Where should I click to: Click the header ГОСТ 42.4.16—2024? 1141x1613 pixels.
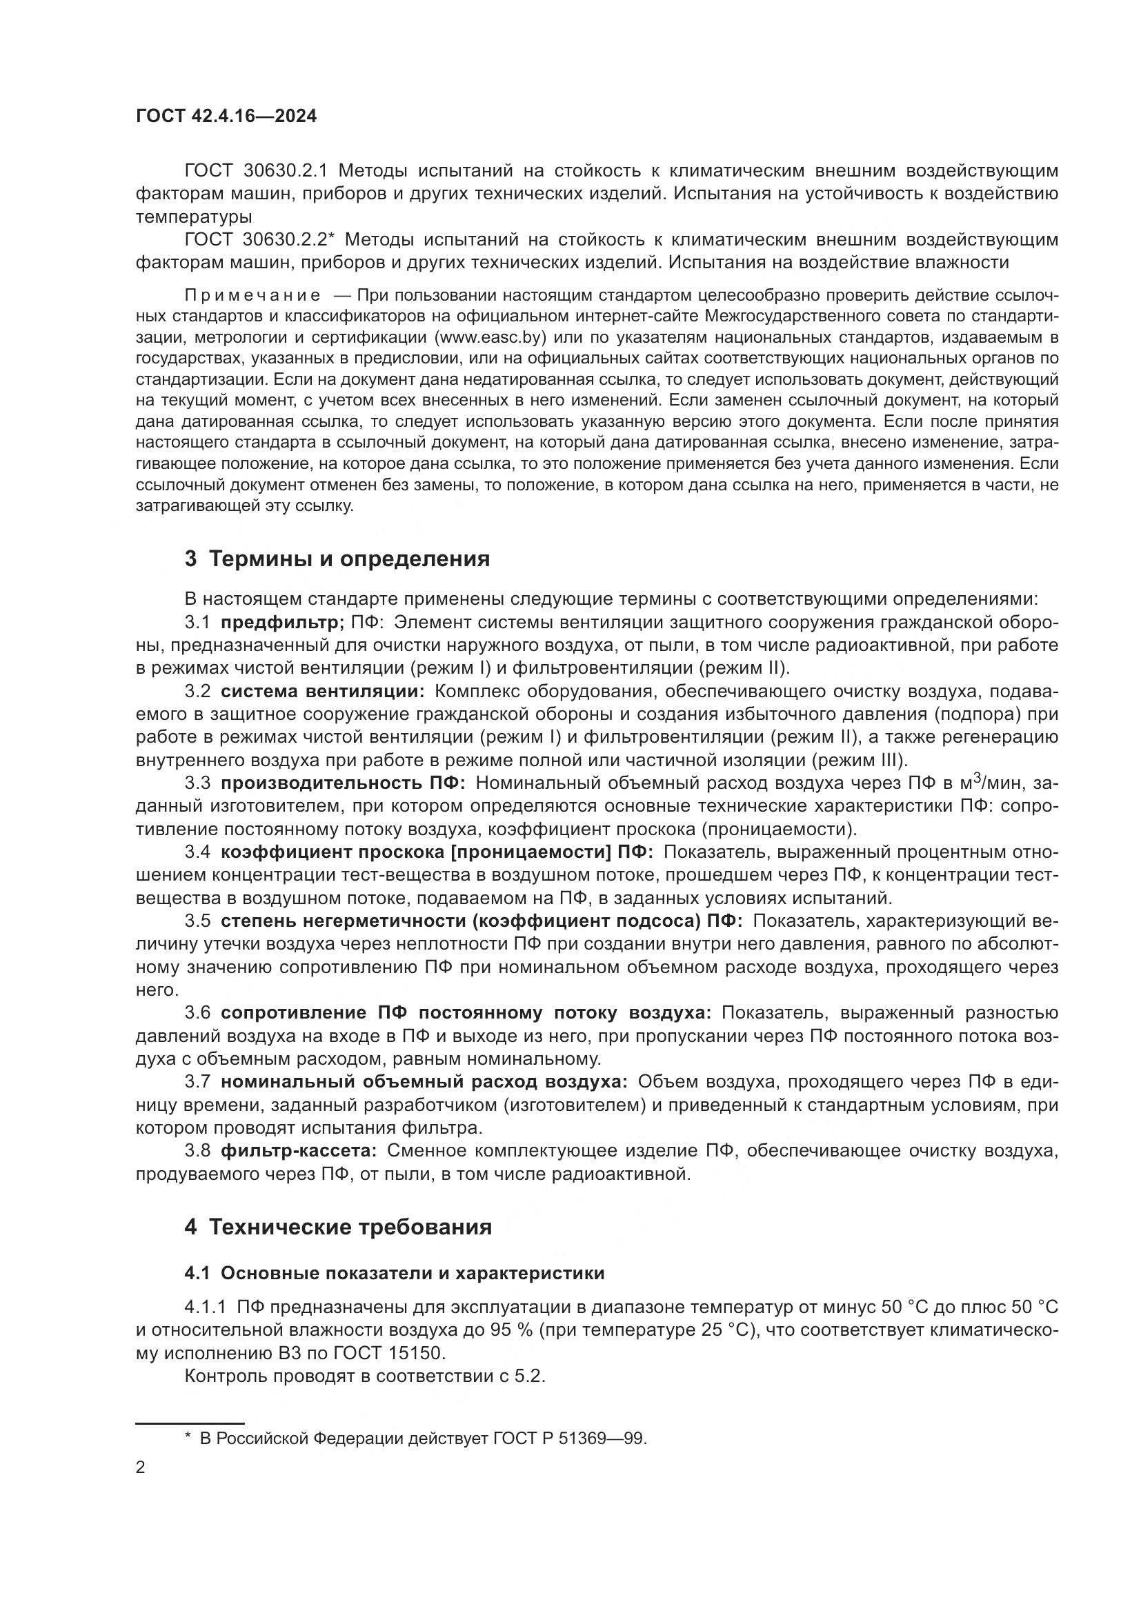click(226, 117)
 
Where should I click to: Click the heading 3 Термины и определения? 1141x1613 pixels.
click(337, 559)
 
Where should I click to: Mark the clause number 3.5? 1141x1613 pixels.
click(197, 921)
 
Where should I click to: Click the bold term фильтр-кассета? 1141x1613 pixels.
click(299, 1151)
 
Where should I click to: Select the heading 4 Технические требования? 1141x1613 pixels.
click(338, 1228)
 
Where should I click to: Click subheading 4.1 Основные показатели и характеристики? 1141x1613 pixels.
click(394, 1273)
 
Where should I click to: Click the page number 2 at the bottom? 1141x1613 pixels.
click(141, 1468)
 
